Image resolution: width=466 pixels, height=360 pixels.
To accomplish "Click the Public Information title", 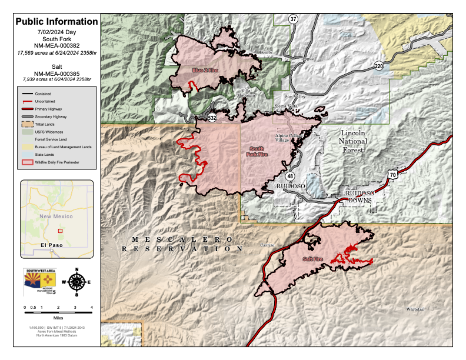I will click(56, 22).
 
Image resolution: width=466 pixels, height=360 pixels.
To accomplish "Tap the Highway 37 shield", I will click(293, 19).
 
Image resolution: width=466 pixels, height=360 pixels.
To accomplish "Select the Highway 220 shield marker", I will click(379, 66).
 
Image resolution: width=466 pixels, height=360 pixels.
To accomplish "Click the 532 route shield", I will click(212, 118).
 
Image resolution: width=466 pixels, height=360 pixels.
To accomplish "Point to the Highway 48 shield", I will click(290, 176).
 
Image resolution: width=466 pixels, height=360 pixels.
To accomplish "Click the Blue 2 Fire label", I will click(205, 71).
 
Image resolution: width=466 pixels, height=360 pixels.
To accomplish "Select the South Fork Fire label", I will click(257, 152).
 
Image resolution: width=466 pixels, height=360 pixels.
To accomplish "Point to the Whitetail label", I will click(415, 309).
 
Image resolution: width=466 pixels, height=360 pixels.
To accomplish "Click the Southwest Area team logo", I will click(39, 281).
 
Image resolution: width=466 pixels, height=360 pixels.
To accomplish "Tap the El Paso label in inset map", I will click(51, 244).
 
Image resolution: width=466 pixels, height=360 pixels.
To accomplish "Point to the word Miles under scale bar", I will click(58, 318).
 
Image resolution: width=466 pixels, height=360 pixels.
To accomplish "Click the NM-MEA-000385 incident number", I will click(56, 73).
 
